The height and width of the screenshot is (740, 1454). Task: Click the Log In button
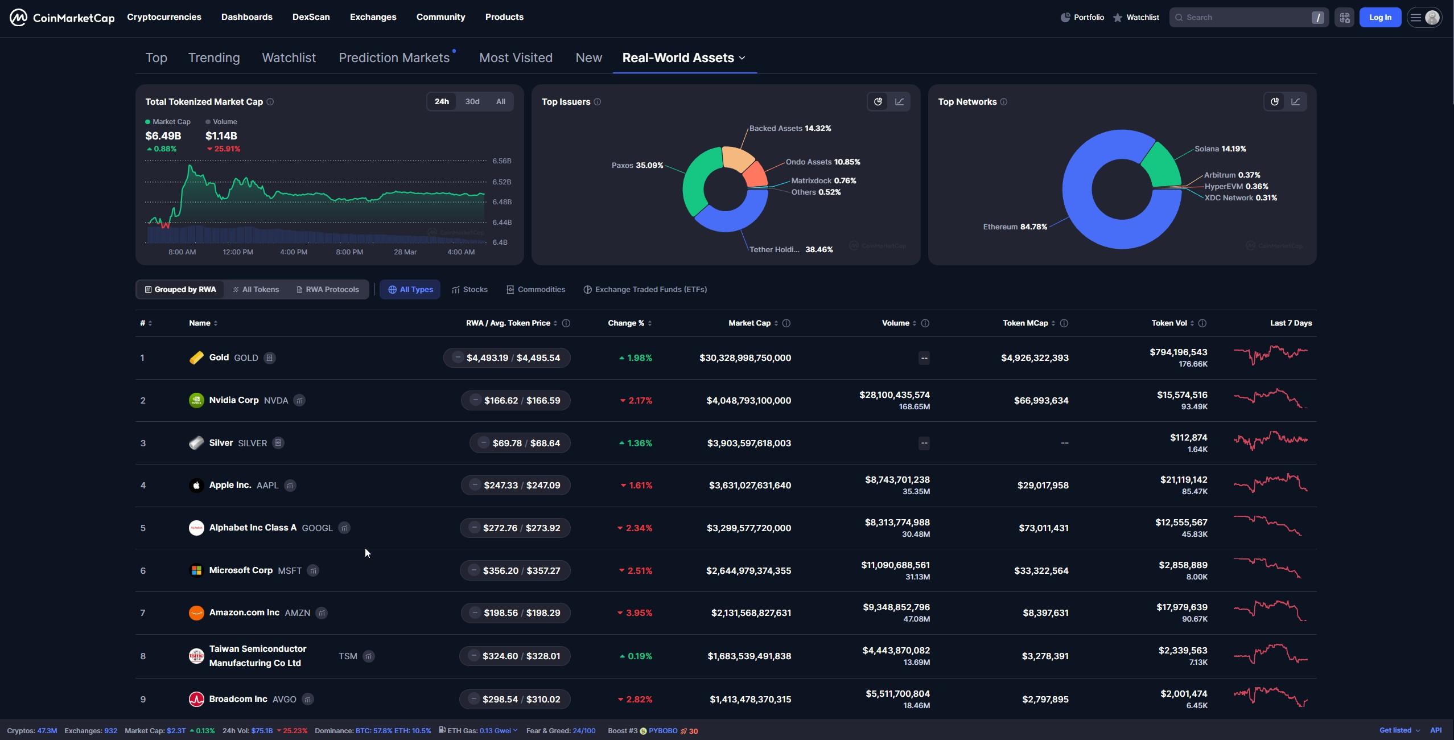pyautogui.click(x=1379, y=17)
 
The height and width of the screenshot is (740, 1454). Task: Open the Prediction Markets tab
pyautogui.click(x=394, y=57)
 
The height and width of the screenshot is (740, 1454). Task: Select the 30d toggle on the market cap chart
pyautogui.click(x=472, y=101)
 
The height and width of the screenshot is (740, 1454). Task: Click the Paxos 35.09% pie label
pyautogui.click(x=637, y=165)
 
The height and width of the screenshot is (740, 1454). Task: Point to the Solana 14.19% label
pyautogui.click(x=1220, y=149)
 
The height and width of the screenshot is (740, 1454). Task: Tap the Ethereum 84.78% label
pyautogui.click(x=1015, y=227)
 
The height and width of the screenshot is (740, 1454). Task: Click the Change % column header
pyautogui.click(x=625, y=323)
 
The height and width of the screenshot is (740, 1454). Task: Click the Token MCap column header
pyautogui.click(x=1025, y=323)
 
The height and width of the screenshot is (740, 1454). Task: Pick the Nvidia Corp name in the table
pyautogui.click(x=233, y=400)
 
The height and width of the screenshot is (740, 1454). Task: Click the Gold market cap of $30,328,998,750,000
pyautogui.click(x=745, y=357)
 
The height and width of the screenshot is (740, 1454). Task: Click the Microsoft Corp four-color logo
pyautogui.click(x=196, y=570)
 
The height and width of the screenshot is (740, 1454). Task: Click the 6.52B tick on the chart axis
pyautogui.click(x=501, y=182)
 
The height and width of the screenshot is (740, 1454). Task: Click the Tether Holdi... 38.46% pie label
pyautogui.click(x=790, y=249)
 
